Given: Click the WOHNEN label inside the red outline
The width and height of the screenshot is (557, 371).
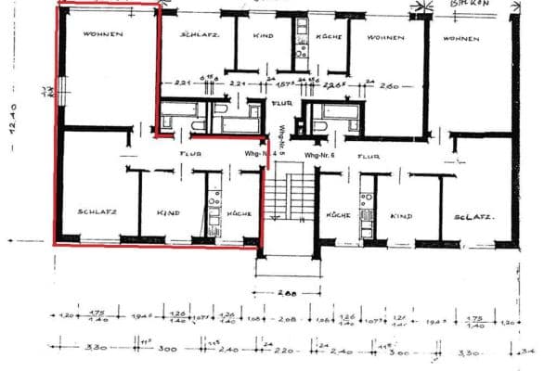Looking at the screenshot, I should (103, 34).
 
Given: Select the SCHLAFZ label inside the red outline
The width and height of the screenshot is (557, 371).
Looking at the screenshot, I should (97, 212).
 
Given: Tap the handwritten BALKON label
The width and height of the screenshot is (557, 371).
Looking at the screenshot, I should (470, 5).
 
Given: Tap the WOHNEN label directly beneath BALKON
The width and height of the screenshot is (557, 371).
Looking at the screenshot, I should (460, 39).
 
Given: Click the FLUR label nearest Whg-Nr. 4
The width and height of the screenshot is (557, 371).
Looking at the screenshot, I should (190, 153).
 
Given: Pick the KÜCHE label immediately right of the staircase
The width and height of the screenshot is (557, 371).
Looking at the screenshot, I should (336, 214).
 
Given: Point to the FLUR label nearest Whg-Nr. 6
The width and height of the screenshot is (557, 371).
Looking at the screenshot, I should (369, 158).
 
